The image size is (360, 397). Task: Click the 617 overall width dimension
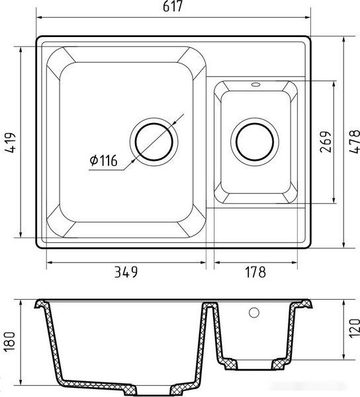[173, 7]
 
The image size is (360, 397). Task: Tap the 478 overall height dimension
[355, 142]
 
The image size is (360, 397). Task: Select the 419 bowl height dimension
[10, 142]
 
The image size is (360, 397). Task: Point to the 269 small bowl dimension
[326, 142]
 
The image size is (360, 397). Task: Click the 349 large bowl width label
[126, 272]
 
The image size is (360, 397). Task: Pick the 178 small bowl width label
[255, 272]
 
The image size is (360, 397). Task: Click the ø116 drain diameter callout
[103, 160]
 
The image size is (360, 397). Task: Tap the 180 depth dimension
[10, 341]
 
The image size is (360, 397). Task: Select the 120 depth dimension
[355, 328]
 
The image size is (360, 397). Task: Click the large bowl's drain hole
[154, 142]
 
